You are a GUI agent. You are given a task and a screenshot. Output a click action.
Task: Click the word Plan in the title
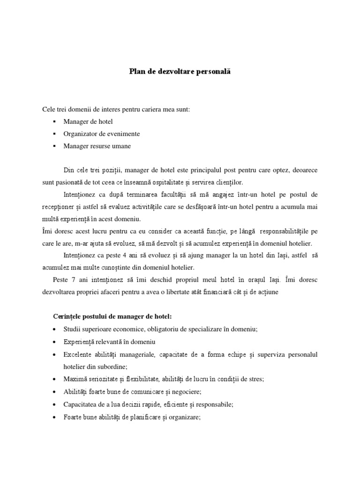pos(136,72)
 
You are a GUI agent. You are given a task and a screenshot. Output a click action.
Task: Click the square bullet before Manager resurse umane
pos(55,146)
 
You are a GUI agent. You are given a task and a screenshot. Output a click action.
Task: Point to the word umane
pos(121,146)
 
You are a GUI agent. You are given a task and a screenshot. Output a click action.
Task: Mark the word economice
pos(124,329)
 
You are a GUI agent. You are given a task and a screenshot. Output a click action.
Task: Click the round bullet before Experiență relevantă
pos(56,342)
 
